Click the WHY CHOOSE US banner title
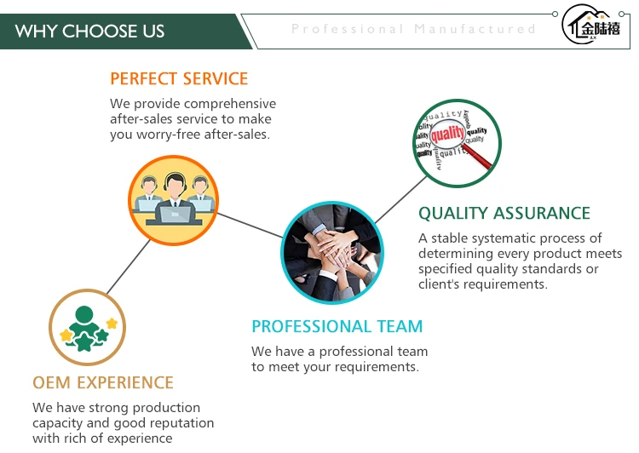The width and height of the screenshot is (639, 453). (x=89, y=32)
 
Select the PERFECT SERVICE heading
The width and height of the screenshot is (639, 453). (x=179, y=79)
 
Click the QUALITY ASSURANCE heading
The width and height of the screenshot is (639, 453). (x=504, y=214)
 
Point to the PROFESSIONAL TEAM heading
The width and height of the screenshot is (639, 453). (x=337, y=327)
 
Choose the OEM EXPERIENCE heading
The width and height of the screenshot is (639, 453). (x=103, y=382)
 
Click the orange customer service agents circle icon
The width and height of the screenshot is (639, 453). (x=173, y=200)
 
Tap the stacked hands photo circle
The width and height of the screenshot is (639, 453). (x=332, y=252)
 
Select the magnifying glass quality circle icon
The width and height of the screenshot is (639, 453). (x=457, y=142)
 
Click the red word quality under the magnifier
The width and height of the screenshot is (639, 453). (x=447, y=134)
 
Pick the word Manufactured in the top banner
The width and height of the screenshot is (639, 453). (x=475, y=29)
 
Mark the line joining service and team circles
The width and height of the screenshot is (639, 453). (x=250, y=225)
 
